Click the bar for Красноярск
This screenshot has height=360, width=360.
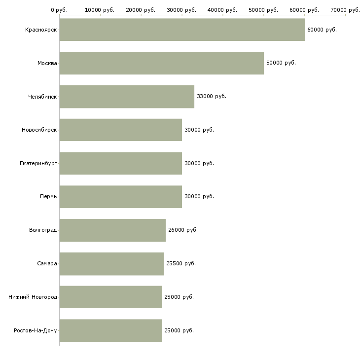click(182, 30)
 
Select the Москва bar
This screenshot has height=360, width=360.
click(162, 63)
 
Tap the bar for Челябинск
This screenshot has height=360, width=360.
click(127, 97)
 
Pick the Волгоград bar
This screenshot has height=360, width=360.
click(112, 230)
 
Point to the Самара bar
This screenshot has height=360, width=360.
click(111, 264)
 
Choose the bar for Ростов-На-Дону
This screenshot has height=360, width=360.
click(110, 330)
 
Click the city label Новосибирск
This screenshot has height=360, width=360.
click(39, 130)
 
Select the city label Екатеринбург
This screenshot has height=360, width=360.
click(38, 163)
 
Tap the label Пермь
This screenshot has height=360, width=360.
click(48, 197)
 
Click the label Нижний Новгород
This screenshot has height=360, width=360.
click(33, 297)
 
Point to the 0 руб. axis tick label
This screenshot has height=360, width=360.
click(59, 10)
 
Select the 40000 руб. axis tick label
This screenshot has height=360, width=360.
click(222, 10)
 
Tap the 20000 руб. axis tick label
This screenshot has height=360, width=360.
click(141, 10)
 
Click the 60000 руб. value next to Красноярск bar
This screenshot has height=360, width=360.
click(322, 30)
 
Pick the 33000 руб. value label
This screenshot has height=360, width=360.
click(212, 97)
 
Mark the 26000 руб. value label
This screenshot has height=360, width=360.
click(183, 230)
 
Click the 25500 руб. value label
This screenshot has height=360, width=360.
click(181, 263)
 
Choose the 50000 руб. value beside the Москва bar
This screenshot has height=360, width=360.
click(281, 63)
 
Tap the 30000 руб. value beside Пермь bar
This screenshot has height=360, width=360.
click(199, 197)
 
